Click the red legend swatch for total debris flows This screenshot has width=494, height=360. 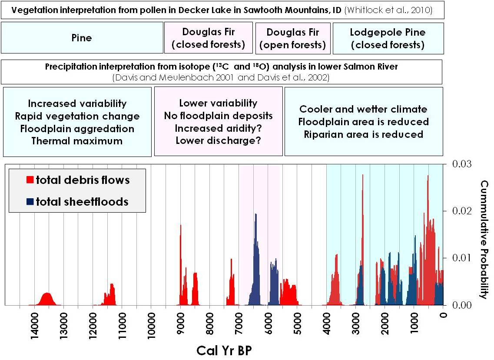click(x=30, y=180)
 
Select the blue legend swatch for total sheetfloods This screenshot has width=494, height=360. click(x=30, y=201)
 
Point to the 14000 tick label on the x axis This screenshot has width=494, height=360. click(x=34, y=324)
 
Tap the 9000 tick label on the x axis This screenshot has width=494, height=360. click(x=180, y=324)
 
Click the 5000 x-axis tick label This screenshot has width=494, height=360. click(x=297, y=324)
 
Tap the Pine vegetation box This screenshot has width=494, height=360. click(x=82, y=38)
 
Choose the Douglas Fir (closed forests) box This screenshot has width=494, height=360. click(x=208, y=38)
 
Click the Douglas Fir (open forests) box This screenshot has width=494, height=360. click(x=292, y=38)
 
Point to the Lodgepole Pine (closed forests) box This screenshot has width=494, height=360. click(x=388, y=38)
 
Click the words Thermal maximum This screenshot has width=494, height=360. click(x=77, y=141)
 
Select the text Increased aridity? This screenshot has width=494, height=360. click(x=218, y=128)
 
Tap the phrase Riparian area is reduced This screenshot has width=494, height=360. click(x=363, y=134)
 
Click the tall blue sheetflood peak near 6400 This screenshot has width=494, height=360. click(x=255, y=243)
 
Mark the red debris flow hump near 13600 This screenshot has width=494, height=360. click(x=46, y=300)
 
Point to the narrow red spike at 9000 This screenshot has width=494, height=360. click(x=180, y=261)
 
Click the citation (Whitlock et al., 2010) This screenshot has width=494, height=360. click(x=388, y=10)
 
